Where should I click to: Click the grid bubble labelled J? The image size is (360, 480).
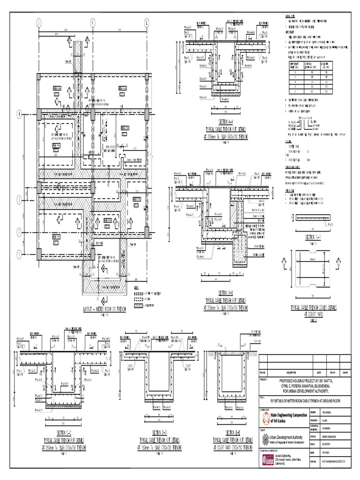pyautogui.click(x=38, y=22)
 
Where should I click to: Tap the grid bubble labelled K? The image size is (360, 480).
pyautogui.click(x=92, y=22)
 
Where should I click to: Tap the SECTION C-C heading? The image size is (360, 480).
pyautogui.click(x=64, y=433)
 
